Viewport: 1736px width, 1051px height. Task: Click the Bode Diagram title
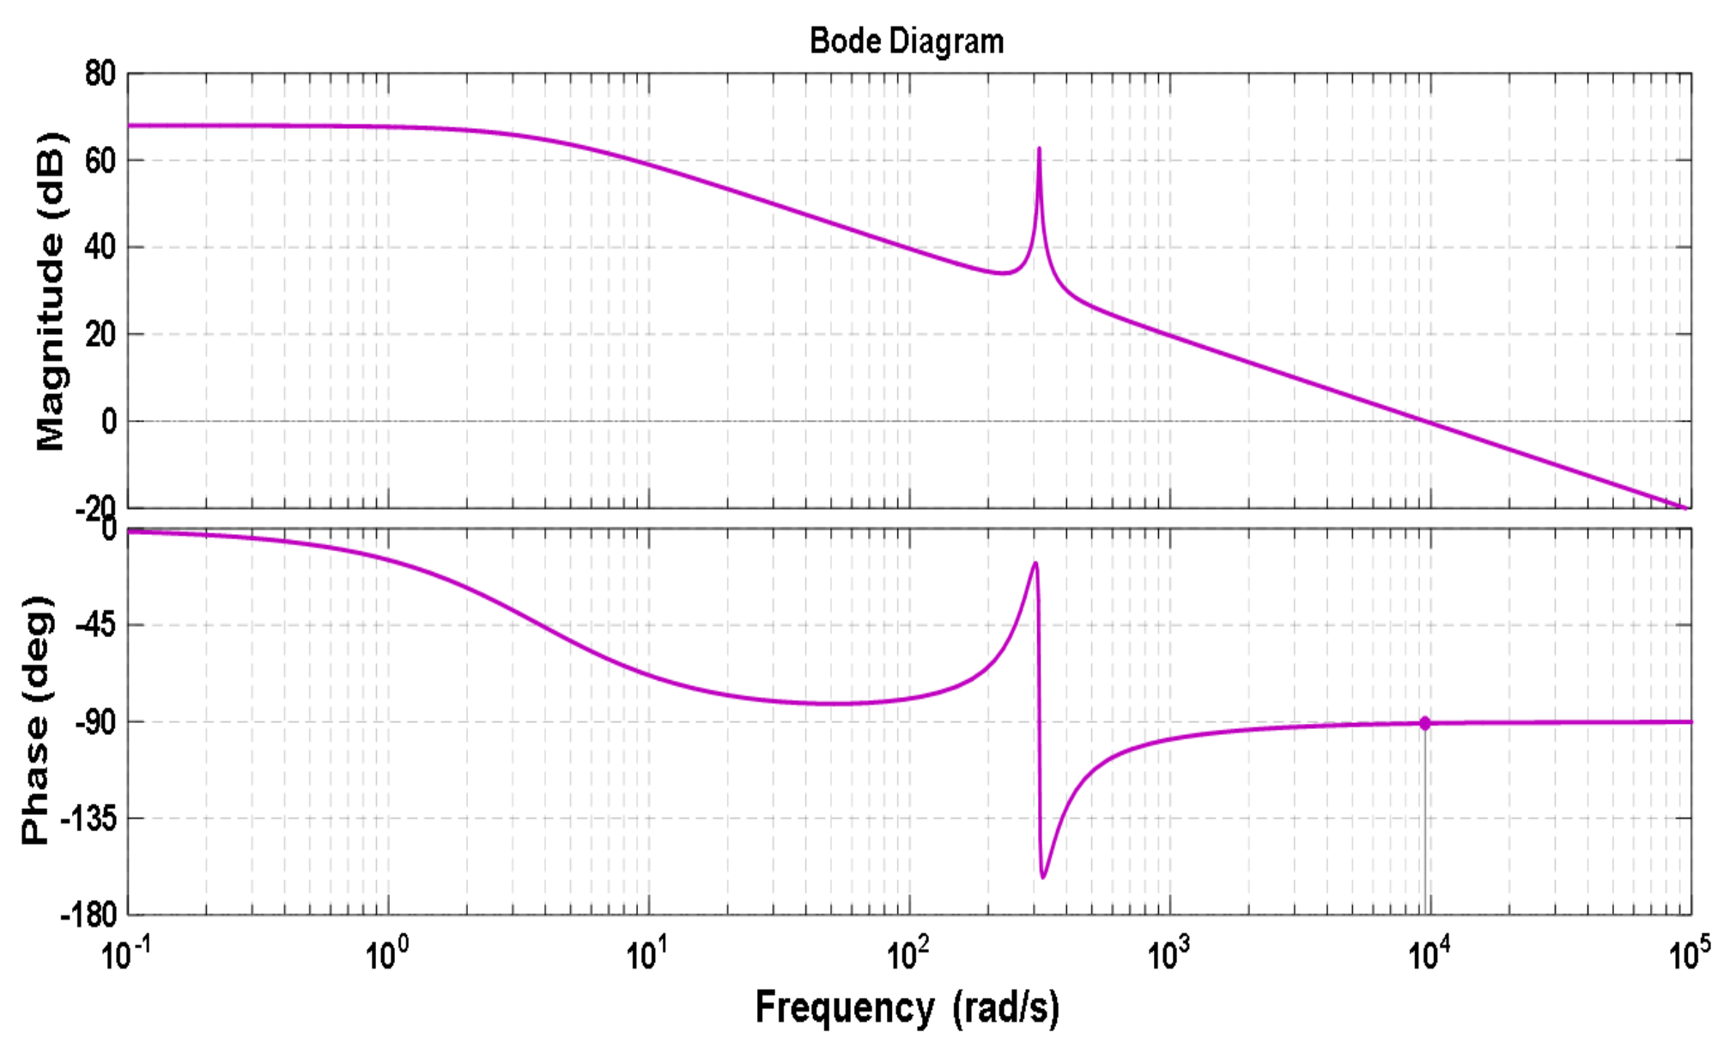point(907,40)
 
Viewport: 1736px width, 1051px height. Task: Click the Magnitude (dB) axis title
point(50,291)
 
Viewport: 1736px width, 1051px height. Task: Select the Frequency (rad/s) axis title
point(907,1006)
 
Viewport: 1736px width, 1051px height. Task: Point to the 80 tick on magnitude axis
point(100,74)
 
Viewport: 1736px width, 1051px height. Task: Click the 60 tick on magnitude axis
point(100,161)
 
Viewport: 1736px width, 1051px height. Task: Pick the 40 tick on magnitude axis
point(100,247)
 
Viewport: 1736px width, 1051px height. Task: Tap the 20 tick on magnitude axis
point(100,334)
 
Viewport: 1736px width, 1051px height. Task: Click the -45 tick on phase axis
point(94,624)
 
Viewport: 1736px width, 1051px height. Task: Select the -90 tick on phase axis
point(94,722)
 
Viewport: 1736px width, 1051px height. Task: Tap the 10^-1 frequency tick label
point(125,953)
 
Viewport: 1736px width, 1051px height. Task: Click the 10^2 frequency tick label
point(907,953)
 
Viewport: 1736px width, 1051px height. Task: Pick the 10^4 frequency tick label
point(1429,953)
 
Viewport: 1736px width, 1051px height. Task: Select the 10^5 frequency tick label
point(1689,953)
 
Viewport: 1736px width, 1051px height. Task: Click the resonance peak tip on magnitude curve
point(1039,149)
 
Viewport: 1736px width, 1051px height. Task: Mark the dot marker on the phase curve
point(1424,723)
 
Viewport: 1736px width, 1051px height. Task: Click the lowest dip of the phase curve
point(1043,877)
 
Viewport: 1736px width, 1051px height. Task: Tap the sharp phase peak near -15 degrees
point(1035,563)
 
